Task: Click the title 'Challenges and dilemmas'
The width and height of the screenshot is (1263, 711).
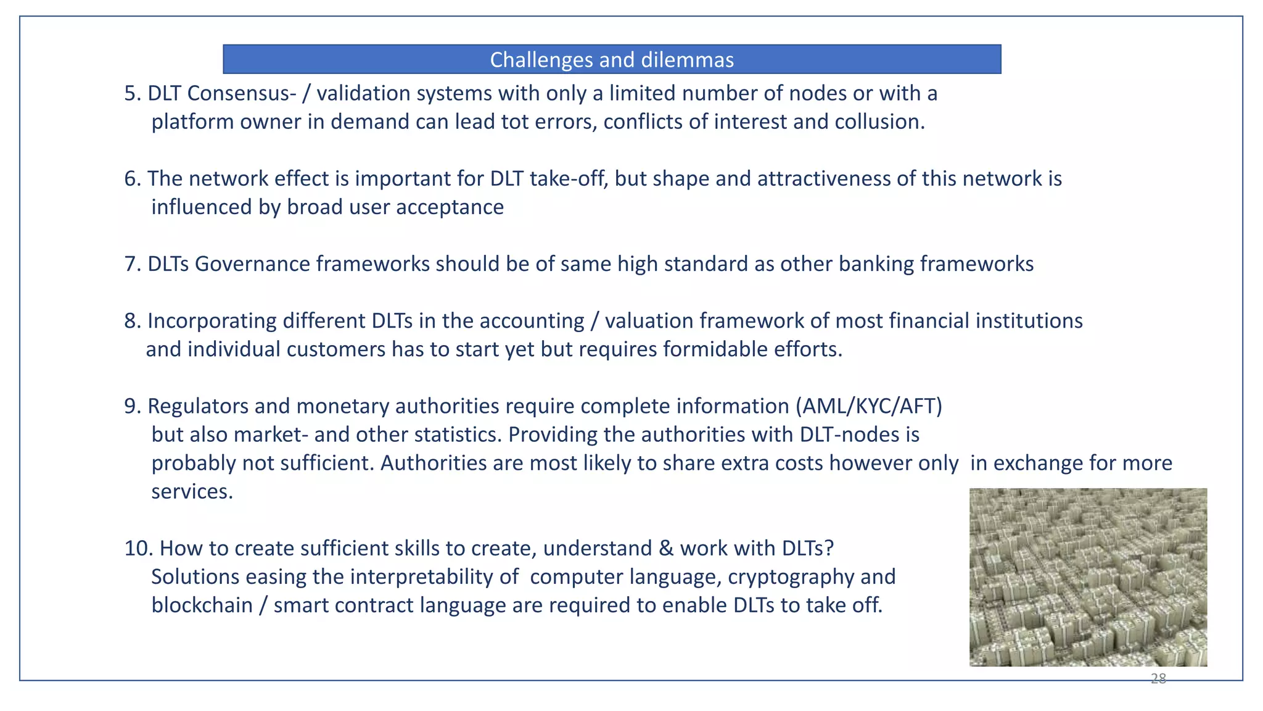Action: [x=612, y=60]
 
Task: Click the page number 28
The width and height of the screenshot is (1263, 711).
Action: [x=1158, y=679]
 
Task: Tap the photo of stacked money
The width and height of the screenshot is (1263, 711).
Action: [x=1088, y=577]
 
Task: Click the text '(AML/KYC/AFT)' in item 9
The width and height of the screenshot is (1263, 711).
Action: [x=868, y=406]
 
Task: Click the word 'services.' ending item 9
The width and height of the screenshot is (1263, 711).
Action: [x=192, y=492]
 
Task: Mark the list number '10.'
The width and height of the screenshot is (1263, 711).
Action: [x=139, y=548]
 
